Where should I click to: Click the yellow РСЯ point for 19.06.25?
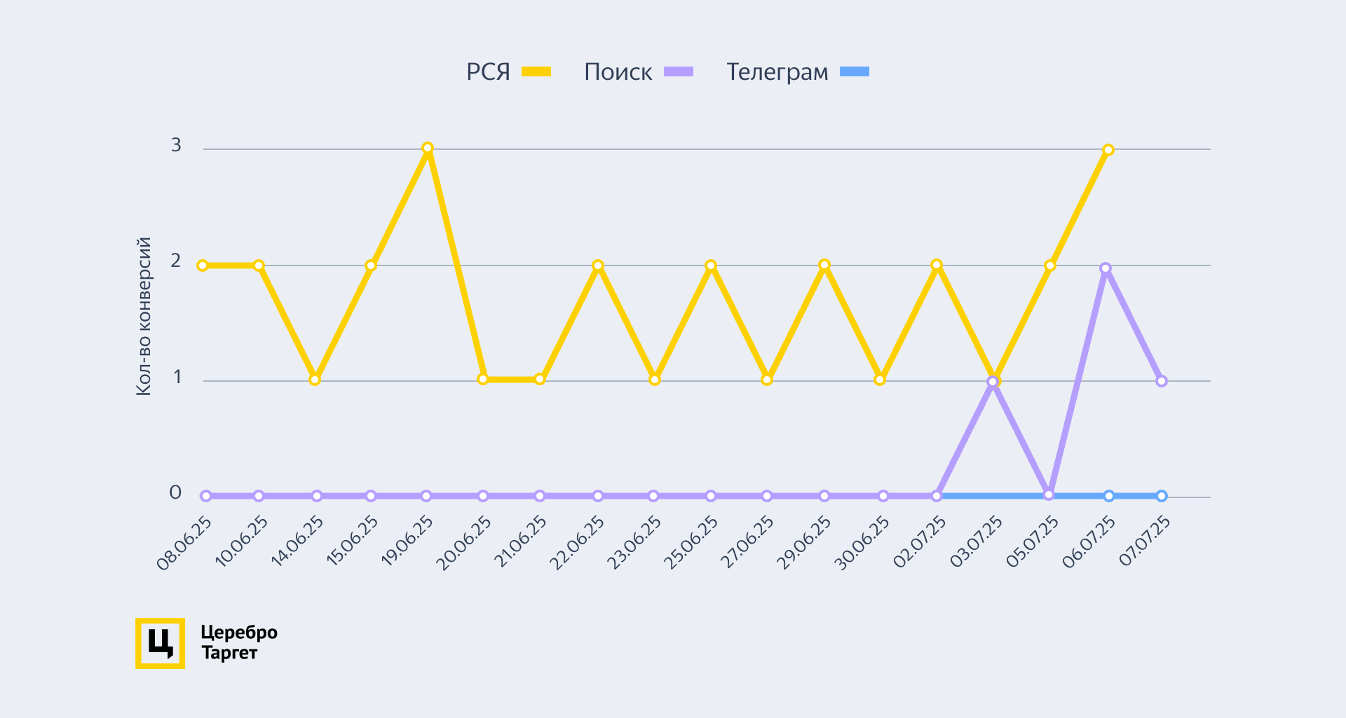coord(428,149)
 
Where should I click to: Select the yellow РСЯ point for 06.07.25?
coord(1108,150)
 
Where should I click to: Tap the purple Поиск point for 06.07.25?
coord(1106,268)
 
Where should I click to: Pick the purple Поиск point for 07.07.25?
coord(1162,381)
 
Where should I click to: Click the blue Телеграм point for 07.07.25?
coord(1162,496)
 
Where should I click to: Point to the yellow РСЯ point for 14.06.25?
coord(315,380)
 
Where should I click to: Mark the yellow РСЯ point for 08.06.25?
coord(203,265)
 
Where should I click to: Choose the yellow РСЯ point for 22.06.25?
coord(598,265)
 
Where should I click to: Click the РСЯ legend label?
coord(488,72)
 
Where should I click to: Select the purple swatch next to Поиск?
coord(679,71)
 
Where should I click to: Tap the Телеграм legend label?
coord(777,72)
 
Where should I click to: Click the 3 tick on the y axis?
coord(176,145)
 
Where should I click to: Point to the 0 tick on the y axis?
coord(175,492)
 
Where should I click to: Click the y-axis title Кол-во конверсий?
coord(144,317)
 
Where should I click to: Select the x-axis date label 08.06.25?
coord(184,544)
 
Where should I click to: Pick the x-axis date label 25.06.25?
coord(691,544)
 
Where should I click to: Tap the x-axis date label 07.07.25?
coord(1145,541)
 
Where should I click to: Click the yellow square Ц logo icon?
coord(160,643)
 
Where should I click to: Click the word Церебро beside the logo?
coord(239,633)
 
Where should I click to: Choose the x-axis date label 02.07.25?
coord(920,542)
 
